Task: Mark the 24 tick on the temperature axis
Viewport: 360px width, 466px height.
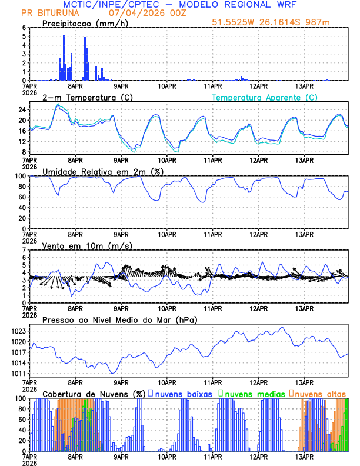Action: [22, 109]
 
